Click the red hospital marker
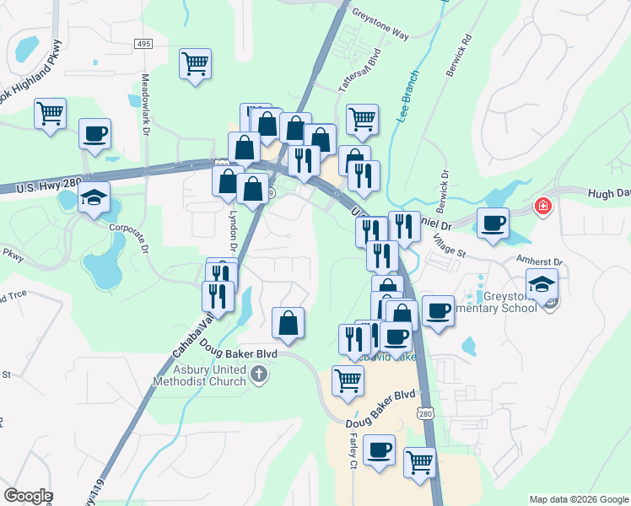coord(543,206)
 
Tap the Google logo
coord(28,496)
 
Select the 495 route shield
coord(143,42)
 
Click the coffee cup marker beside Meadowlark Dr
coord(94,133)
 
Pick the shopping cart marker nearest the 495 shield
coord(195,63)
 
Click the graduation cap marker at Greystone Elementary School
coord(542,284)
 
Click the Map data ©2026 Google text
coord(578,499)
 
